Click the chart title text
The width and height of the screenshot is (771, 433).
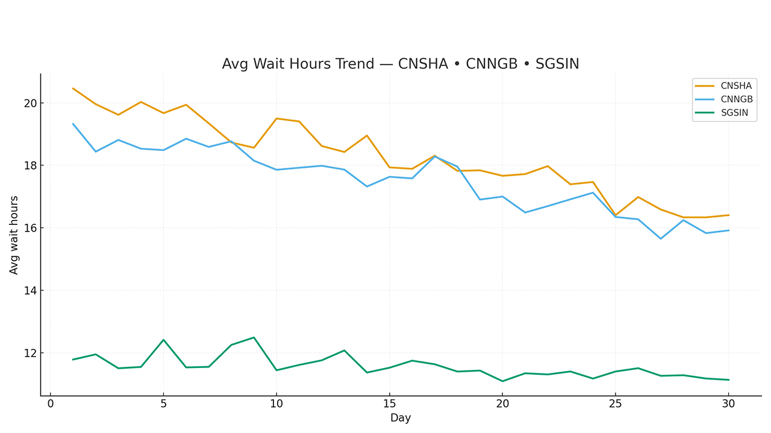pyautogui.click(x=401, y=64)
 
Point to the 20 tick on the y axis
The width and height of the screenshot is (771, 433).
pyautogui.click(x=30, y=103)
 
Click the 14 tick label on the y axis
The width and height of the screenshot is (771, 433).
pyautogui.click(x=30, y=290)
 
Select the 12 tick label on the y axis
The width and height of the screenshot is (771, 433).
pyautogui.click(x=30, y=353)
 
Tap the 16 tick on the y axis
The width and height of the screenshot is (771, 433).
pyautogui.click(x=30, y=228)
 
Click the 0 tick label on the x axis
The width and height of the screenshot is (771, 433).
pyautogui.click(x=51, y=404)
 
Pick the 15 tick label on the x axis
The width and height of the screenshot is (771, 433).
pyautogui.click(x=389, y=404)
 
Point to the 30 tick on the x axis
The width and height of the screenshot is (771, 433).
pyautogui.click(x=728, y=404)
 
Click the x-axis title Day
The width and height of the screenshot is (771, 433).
pyautogui.click(x=401, y=418)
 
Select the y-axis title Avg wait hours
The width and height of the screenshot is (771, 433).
pyautogui.click(x=14, y=235)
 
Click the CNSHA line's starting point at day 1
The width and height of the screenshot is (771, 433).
pyautogui.click(x=73, y=88)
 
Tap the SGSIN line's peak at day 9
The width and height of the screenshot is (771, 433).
pyautogui.click(x=254, y=337)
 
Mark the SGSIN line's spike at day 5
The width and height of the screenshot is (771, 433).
pyautogui.click(x=163, y=340)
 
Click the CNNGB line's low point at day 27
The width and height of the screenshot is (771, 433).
pyautogui.click(x=661, y=239)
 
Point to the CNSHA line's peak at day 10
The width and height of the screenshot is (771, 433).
pyautogui.click(x=276, y=118)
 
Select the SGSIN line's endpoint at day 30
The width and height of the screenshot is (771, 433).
pyautogui.click(x=728, y=379)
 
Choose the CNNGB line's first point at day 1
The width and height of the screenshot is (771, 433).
pyautogui.click(x=73, y=124)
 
